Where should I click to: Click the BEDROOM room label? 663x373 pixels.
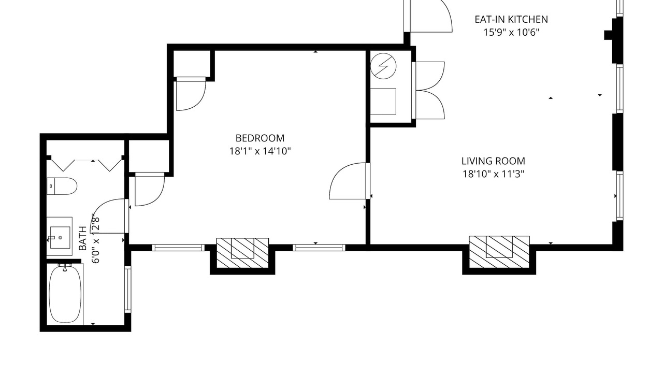click(x=260, y=138)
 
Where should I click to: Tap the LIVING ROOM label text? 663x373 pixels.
click(x=493, y=161)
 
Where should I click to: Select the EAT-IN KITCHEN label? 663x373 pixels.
click(x=511, y=19)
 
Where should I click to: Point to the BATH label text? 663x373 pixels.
click(x=83, y=238)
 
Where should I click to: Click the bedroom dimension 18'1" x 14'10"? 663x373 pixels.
click(x=260, y=151)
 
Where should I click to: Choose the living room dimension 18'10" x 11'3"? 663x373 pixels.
click(x=493, y=174)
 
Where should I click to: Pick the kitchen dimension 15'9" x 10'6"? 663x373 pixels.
click(x=511, y=32)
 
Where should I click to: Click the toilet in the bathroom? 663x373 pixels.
click(x=62, y=186)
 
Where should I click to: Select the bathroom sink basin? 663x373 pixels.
click(x=60, y=237)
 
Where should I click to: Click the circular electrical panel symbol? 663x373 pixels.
click(x=383, y=66)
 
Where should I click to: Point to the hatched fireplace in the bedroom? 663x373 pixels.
click(x=243, y=253)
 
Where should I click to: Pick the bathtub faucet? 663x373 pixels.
click(x=65, y=267)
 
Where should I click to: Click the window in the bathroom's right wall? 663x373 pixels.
click(x=127, y=289)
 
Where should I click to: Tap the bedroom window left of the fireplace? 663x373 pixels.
click(x=178, y=248)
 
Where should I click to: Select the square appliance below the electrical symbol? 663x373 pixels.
click(x=383, y=101)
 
